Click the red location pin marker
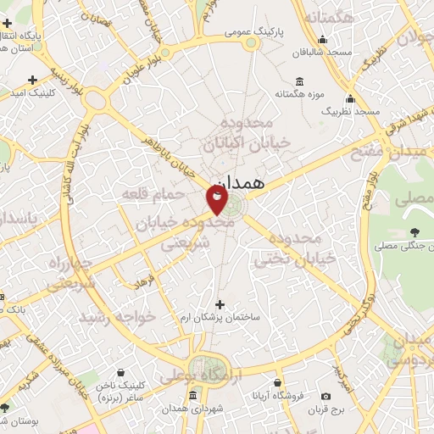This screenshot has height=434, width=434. pos(217,200)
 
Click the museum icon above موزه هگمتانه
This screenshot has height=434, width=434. pos(302,81)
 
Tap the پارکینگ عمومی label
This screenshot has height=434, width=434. pos(252,32)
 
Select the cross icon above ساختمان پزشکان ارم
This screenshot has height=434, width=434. pos(220,304)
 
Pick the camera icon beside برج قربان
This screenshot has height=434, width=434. pos(326,396)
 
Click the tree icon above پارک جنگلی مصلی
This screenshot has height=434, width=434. pos(414,232)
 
